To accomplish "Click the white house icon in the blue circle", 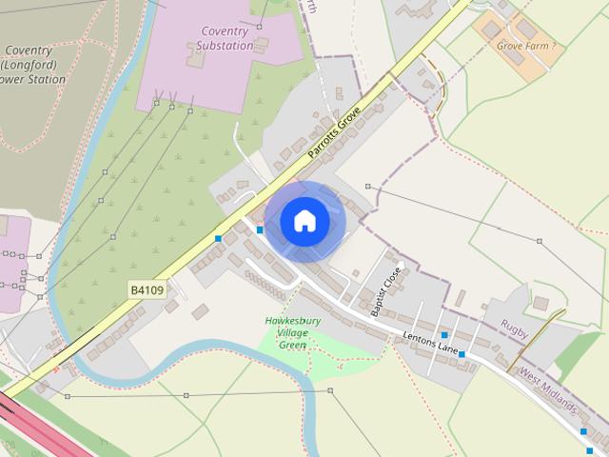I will click(304, 222).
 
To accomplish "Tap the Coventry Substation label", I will click(226, 38).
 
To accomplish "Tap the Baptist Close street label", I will click(386, 290).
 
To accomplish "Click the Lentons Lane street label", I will click(431, 343).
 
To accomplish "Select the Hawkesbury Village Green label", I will click(292, 332).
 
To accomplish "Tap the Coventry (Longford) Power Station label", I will click(35, 65).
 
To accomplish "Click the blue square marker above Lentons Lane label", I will click(443, 335).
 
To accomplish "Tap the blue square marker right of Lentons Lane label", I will click(462, 354).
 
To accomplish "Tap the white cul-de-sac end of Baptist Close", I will click(401, 265).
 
